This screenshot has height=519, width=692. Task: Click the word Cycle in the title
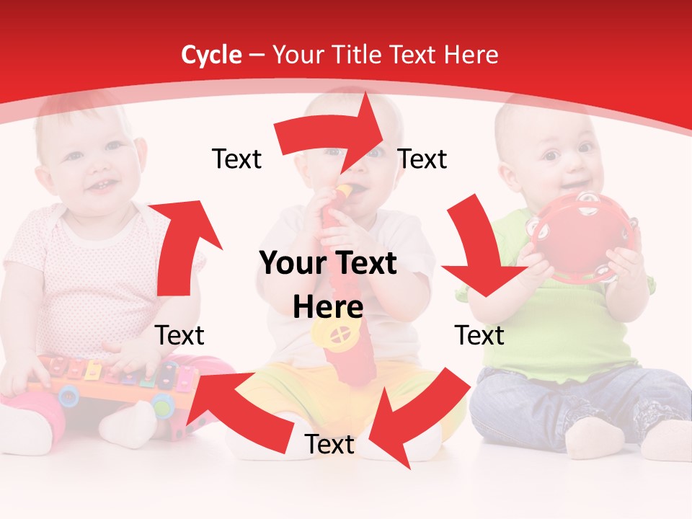point(211,55)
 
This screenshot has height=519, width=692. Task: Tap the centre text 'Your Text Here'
point(328,285)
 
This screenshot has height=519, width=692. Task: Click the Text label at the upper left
point(236,159)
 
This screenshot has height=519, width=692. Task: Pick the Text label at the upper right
point(422,159)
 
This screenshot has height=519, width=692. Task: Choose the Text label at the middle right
point(479,335)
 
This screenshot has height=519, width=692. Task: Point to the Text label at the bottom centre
point(329,445)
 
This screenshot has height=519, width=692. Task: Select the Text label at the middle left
point(179,335)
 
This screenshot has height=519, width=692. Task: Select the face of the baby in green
point(566,159)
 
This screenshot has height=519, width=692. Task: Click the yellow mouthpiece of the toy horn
point(345,191)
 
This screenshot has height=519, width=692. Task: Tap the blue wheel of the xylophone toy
point(68,395)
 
